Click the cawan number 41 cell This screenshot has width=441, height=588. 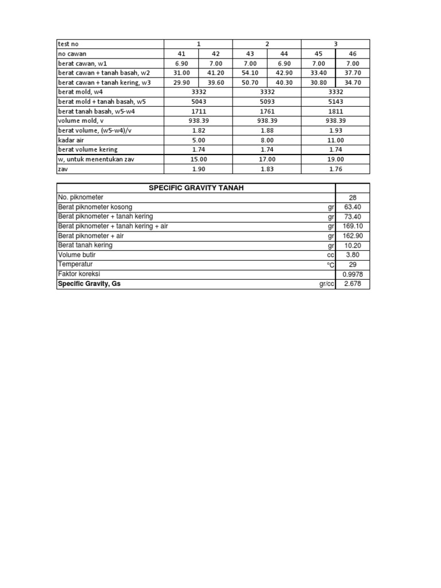click(x=181, y=54)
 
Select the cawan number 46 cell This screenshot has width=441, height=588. click(x=353, y=54)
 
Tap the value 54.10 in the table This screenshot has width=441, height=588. click(x=250, y=73)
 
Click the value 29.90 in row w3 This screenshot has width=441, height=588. click(x=181, y=83)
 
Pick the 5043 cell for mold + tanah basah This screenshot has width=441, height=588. click(x=199, y=102)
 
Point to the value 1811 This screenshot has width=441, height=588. click(x=335, y=111)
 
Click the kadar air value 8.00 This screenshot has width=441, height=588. click(x=267, y=140)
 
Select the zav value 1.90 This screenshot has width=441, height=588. click(x=199, y=169)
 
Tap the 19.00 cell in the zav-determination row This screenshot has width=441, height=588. click(x=335, y=159)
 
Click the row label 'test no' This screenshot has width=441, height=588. click(x=67, y=44)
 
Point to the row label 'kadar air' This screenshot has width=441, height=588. click(x=72, y=140)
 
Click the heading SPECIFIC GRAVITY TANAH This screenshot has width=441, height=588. click(x=195, y=188)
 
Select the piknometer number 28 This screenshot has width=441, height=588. click(x=353, y=198)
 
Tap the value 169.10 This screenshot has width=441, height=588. click(x=353, y=226)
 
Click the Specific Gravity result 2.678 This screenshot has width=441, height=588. click(x=353, y=284)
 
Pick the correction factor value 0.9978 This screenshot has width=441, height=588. click(x=353, y=274)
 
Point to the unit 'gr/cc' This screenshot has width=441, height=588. click(x=327, y=284)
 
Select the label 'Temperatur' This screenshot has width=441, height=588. click(x=76, y=265)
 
